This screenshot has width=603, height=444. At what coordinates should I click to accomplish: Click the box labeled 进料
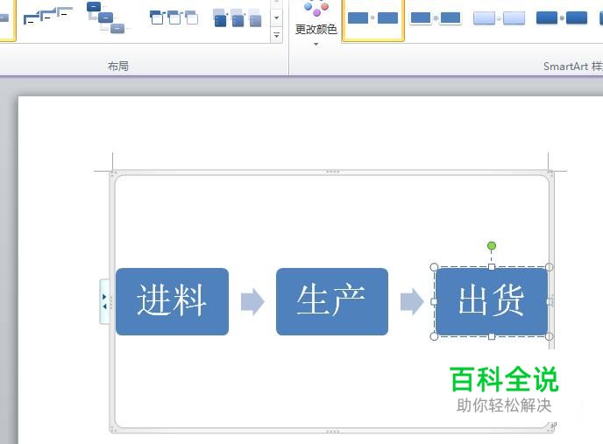172,301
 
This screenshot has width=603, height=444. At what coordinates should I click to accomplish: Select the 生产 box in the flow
332,301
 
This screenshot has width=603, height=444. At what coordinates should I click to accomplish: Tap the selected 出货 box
492,301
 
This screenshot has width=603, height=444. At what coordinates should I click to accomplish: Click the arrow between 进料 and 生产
252,301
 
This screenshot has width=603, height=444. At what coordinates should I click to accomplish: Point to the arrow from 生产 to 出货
412,301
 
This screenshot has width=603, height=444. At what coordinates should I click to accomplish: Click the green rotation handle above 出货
492,245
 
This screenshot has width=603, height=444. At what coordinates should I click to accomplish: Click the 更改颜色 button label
316,29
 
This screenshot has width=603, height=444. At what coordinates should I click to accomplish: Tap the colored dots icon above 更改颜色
316,9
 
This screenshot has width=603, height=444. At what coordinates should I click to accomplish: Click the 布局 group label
118,67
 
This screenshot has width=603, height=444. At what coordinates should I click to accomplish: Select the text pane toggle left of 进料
104,301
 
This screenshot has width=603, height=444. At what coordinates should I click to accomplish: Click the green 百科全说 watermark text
504,379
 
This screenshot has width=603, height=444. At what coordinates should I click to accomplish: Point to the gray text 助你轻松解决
504,405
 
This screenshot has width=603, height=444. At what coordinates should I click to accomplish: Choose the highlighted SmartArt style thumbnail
372,18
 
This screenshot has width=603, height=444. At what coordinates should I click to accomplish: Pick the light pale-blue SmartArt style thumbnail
500,18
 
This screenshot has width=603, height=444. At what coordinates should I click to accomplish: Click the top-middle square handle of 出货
492,267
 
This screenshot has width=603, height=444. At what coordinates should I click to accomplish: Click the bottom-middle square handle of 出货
492,336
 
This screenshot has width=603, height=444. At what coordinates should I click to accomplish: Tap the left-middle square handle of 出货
434,302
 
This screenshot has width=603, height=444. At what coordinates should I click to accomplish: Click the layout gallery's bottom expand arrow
276,35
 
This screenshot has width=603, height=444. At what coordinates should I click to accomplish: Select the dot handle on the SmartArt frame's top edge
332,172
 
